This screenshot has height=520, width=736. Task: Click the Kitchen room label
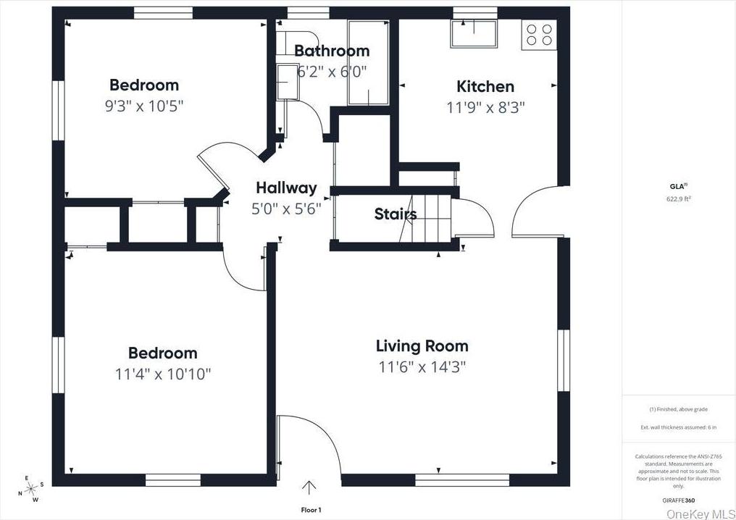485,87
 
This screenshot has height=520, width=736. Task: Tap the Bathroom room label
332,51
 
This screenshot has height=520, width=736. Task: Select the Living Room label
422,346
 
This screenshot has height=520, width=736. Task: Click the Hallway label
286,188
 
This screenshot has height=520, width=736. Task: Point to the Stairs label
395,214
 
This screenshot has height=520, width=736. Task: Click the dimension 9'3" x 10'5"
144,106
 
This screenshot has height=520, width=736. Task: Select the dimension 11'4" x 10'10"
162,374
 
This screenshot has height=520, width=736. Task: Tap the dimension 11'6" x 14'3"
422,366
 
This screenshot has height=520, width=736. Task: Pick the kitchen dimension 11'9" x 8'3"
485,107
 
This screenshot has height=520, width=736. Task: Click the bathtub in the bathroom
369,62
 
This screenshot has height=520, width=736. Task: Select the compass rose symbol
30,488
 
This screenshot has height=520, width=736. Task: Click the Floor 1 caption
311,510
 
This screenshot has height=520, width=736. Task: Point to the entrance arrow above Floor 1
310,488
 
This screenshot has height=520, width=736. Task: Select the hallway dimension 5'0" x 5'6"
286,209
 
